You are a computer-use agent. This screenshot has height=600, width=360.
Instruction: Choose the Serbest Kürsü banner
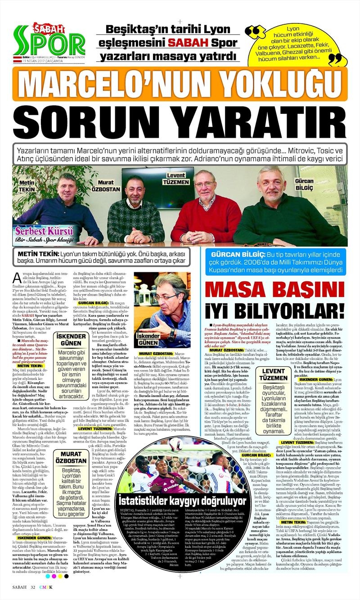(x=44, y=234)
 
